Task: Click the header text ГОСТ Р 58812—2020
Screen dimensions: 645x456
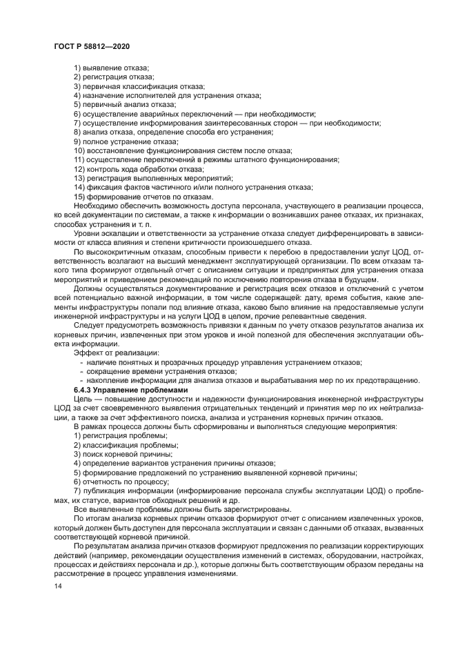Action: click(x=91, y=46)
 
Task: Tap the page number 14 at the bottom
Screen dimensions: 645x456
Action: click(x=58, y=585)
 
